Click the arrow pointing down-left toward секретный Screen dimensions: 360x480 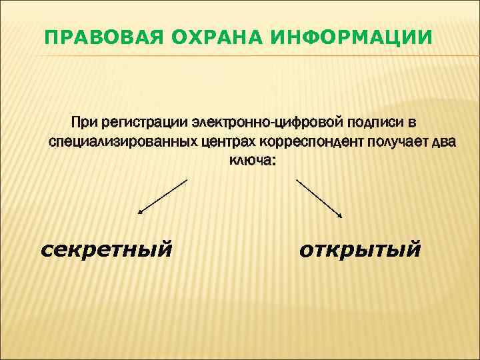[163, 196]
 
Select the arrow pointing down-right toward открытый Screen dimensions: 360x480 [319, 198]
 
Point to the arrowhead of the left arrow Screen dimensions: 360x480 [140, 212]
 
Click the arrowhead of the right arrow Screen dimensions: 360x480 [340, 215]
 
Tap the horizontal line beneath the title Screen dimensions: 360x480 [240, 55]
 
